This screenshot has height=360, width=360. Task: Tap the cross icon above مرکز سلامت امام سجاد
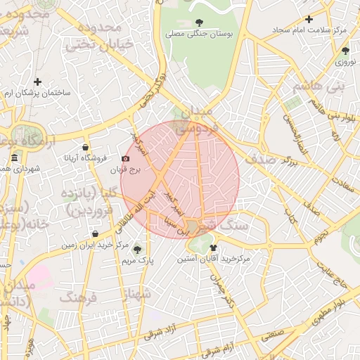(x=308, y=19)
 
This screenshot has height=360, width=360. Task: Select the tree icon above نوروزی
(x=345, y=51)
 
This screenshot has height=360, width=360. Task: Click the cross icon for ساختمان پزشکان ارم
(x=37, y=82)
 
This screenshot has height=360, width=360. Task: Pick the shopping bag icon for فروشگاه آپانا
(x=85, y=148)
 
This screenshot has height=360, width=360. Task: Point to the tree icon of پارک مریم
(x=137, y=249)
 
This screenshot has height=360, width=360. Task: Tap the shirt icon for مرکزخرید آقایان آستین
(x=213, y=247)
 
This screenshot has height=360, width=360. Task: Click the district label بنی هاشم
(x=311, y=86)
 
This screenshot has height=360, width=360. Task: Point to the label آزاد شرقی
(x=159, y=337)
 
